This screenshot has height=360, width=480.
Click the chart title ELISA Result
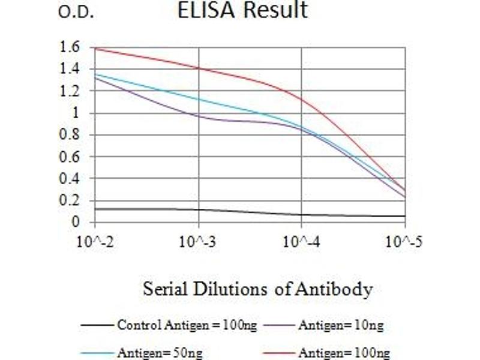[242, 10]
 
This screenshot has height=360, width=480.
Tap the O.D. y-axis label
[76, 13]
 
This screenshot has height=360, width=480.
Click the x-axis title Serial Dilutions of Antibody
[257, 290]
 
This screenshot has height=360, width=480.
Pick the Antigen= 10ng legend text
[340, 326]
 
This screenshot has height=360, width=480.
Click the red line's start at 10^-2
[95, 48]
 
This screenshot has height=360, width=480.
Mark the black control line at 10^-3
[199, 209]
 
